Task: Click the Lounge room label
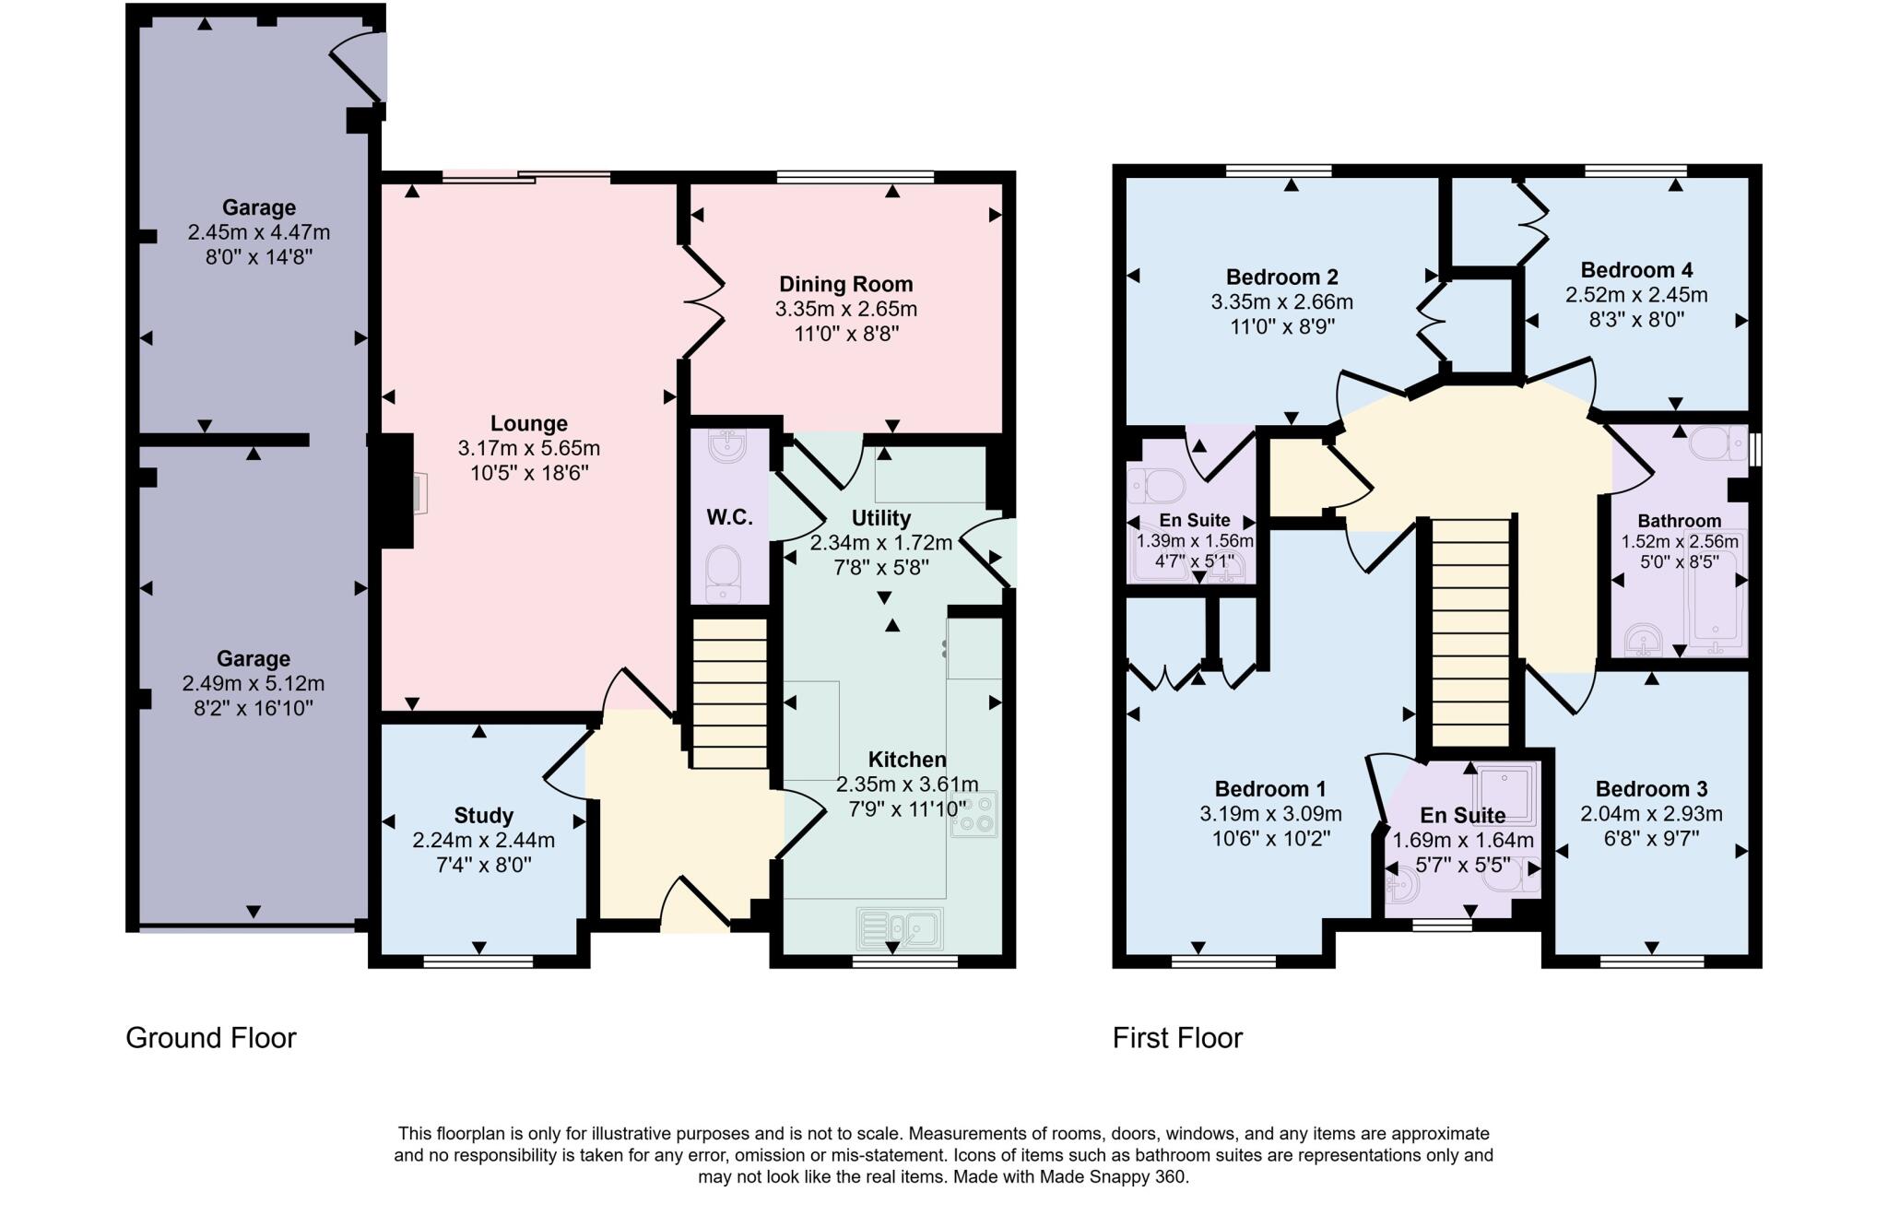(x=528, y=424)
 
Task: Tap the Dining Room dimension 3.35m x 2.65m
(x=845, y=309)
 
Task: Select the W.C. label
(x=729, y=517)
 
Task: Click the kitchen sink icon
(x=900, y=927)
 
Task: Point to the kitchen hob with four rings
(x=973, y=814)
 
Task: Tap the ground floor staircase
(x=729, y=693)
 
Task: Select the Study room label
(x=483, y=816)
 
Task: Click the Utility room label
(x=880, y=518)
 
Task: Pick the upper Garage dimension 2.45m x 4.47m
(x=258, y=232)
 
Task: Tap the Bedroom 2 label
(x=1281, y=277)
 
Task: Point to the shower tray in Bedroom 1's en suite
(x=1504, y=787)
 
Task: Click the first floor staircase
(x=1469, y=631)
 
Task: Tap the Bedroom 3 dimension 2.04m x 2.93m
(x=1650, y=814)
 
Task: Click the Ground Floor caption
(x=211, y=1038)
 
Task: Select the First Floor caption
(x=1177, y=1038)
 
